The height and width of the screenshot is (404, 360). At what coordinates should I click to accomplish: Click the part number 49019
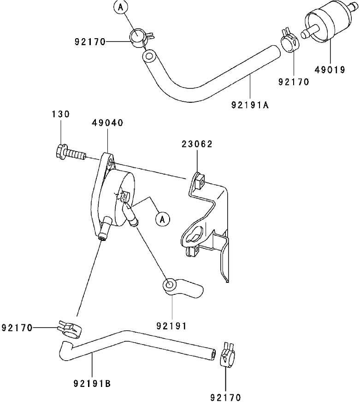[x=330, y=70]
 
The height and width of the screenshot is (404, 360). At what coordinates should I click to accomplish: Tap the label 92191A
[x=250, y=104]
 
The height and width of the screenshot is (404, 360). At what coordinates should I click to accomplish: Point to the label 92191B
[x=92, y=383]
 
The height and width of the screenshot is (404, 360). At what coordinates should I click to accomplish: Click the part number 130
[x=61, y=114]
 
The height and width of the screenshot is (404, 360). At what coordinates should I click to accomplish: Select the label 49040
[x=107, y=123]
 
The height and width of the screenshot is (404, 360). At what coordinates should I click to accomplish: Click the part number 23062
[x=197, y=144]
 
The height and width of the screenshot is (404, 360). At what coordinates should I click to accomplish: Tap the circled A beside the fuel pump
[x=162, y=220]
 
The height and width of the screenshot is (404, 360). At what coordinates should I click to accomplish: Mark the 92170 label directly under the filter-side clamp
[x=294, y=82]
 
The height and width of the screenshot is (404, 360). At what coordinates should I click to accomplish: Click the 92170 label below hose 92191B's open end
[x=226, y=397]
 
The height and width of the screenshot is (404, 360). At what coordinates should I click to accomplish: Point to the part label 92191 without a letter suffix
[x=171, y=326]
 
